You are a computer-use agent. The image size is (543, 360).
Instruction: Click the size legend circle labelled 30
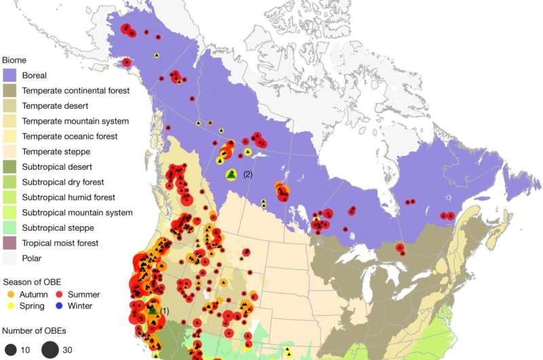click(50, 350)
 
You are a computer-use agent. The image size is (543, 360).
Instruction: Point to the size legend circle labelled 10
click(10, 350)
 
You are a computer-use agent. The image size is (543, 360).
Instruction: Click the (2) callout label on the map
click(248, 175)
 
